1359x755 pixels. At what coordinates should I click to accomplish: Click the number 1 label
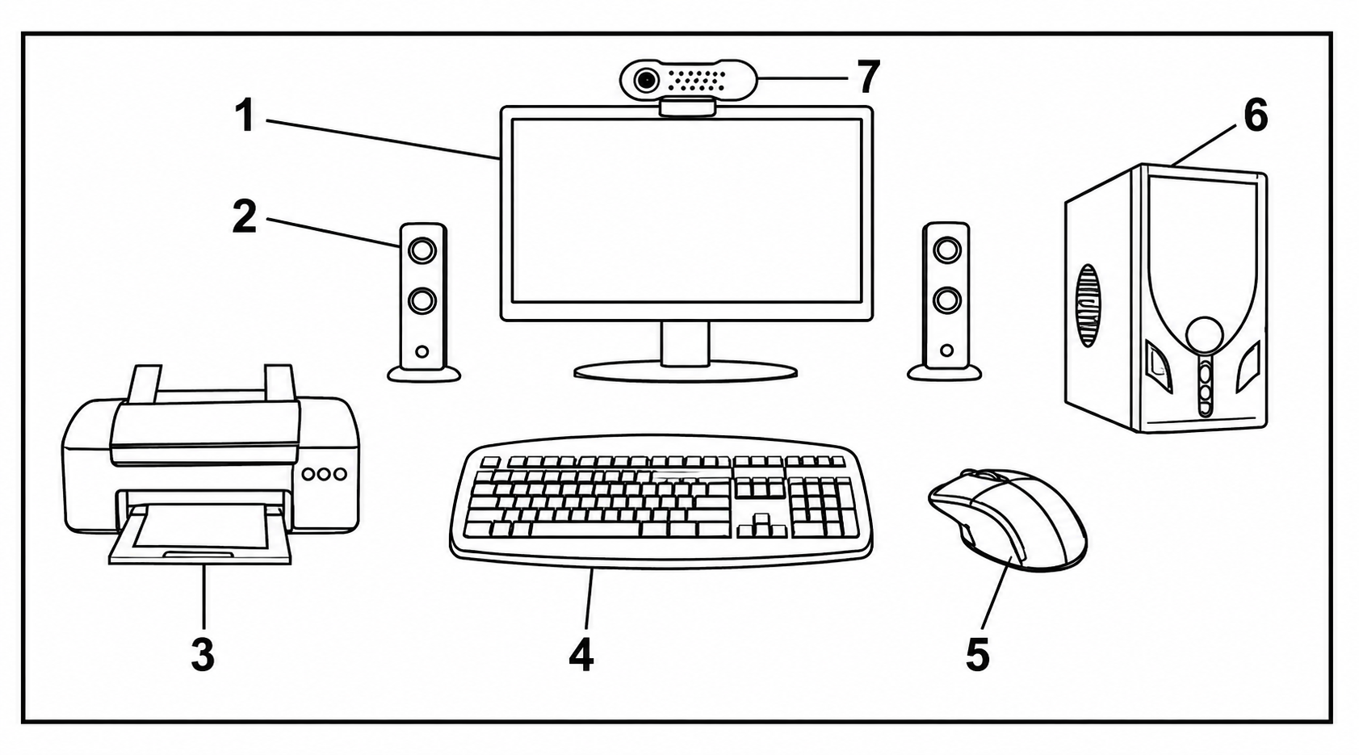[x=245, y=116]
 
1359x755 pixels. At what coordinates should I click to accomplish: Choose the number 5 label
[x=977, y=654]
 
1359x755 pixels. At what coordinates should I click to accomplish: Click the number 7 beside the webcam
[x=867, y=77]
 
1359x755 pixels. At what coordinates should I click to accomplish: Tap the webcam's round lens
[x=648, y=80]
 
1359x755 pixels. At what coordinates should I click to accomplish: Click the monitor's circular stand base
[x=686, y=371]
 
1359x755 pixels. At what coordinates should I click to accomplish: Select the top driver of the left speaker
[x=422, y=250]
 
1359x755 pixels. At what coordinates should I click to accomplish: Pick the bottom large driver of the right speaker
[x=946, y=300]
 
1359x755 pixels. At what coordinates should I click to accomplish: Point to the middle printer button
[x=325, y=474]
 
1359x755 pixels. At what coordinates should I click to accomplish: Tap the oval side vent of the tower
[x=1089, y=305]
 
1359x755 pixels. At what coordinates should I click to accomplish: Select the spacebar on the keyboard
[x=586, y=529]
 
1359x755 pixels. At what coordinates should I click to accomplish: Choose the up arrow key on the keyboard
[x=761, y=519]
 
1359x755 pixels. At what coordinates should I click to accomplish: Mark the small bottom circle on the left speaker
[x=422, y=351]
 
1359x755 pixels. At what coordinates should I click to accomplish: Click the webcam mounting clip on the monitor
[x=687, y=107]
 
